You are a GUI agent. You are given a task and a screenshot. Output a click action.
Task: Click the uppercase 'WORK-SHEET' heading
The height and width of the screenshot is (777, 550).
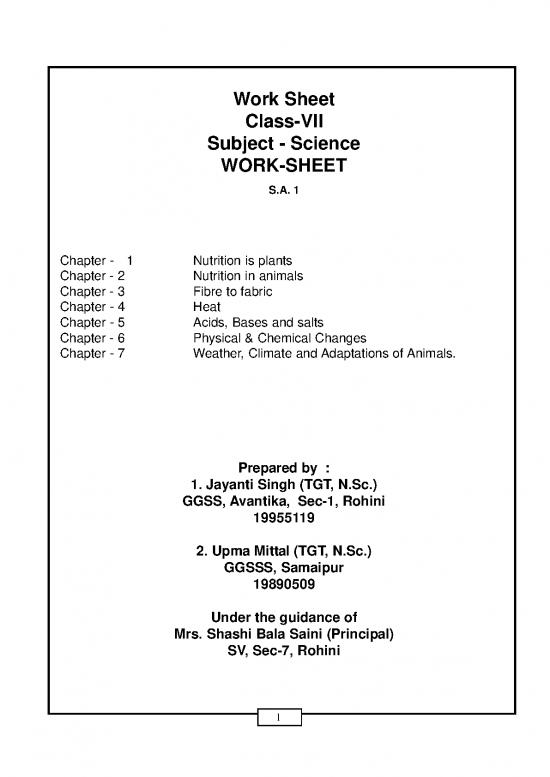pyautogui.click(x=283, y=166)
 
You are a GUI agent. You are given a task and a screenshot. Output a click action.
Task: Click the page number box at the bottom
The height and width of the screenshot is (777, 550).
pyautogui.click(x=283, y=720)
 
